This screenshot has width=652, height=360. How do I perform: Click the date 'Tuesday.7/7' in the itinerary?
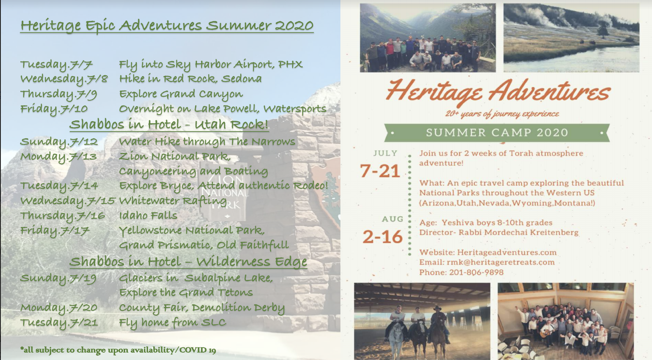tap(56, 65)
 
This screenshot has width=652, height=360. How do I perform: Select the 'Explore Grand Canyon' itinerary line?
tap(181, 94)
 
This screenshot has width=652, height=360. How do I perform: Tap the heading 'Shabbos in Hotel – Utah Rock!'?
tap(169, 125)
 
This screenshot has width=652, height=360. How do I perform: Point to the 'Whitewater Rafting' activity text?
tap(173, 201)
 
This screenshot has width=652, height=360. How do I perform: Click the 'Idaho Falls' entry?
tap(148, 216)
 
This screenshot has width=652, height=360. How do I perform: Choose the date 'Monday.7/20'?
tap(59, 308)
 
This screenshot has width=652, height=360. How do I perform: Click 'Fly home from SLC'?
tap(172, 323)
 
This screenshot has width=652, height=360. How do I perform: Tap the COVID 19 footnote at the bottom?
tap(118, 350)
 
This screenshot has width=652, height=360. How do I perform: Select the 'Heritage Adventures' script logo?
tap(498, 91)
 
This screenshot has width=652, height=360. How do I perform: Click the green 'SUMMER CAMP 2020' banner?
tap(497, 133)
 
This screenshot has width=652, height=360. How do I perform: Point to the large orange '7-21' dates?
tap(380, 171)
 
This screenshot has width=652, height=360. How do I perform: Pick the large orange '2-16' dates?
tap(382, 237)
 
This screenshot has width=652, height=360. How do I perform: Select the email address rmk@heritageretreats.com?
tap(501, 262)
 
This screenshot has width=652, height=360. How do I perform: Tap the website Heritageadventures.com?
tap(507, 252)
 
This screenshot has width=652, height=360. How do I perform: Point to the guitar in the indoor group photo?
tap(547, 332)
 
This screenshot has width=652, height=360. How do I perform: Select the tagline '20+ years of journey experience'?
tap(502, 114)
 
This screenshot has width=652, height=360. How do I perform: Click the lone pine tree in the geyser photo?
tap(603, 29)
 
